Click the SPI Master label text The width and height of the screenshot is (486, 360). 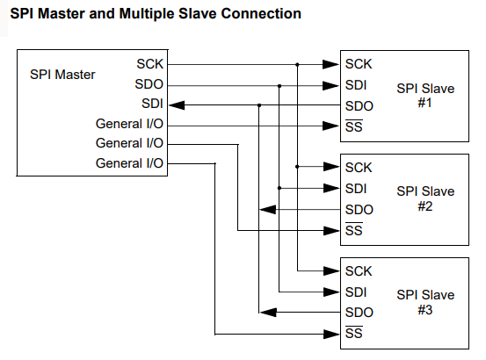click(62, 75)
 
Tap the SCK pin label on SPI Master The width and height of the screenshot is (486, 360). click(149, 64)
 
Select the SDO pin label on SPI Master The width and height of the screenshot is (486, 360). click(149, 84)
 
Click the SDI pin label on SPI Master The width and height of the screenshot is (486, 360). click(152, 104)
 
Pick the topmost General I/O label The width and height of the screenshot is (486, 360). click(129, 124)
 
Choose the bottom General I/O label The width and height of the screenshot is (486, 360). click(129, 163)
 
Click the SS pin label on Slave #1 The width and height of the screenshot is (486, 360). click(354, 126)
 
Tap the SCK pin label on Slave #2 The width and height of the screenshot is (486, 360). click(359, 168)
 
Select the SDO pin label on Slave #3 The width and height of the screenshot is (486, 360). click(359, 313)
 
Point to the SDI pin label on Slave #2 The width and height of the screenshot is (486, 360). click(356, 189)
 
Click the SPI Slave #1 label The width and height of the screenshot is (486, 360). click(425, 96)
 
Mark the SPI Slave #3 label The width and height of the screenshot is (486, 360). click(425, 302)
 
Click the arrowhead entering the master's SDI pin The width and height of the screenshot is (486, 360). click(177, 105)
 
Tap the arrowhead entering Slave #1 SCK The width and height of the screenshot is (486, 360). click(331, 64)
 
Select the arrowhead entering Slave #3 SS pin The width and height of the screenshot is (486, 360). click(331, 335)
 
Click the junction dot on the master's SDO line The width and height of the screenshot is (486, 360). click(279, 86)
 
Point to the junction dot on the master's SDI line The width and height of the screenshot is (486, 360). click(259, 105)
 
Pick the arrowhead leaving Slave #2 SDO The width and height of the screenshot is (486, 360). click(267, 210)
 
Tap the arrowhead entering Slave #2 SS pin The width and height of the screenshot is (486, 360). click(331, 231)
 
